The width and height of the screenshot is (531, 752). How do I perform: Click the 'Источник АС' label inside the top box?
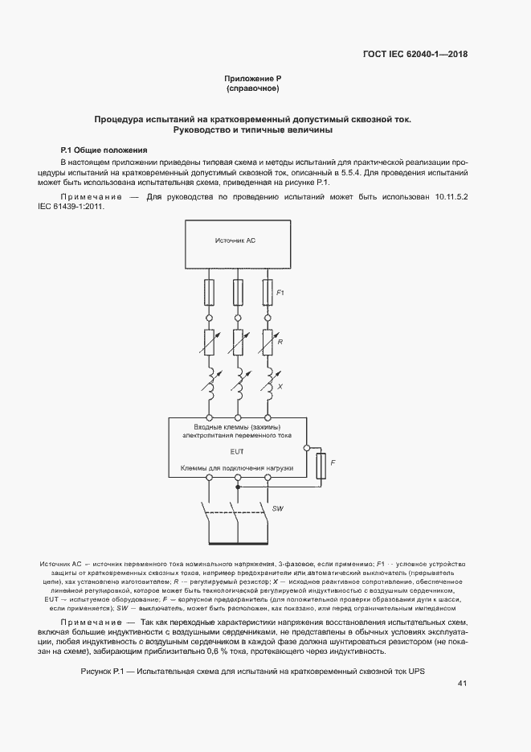(x=235, y=240)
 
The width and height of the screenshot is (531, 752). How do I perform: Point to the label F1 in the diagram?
(x=280, y=293)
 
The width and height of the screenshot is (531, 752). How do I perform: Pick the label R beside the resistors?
(x=279, y=341)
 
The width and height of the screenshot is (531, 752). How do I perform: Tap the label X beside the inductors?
(x=279, y=387)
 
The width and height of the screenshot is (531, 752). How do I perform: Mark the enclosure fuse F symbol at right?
(x=321, y=465)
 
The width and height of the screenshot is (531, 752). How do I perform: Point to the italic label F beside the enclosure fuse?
(x=333, y=463)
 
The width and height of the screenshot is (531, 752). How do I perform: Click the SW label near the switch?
(x=278, y=509)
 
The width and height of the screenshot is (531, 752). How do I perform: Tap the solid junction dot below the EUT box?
(x=237, y=487)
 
